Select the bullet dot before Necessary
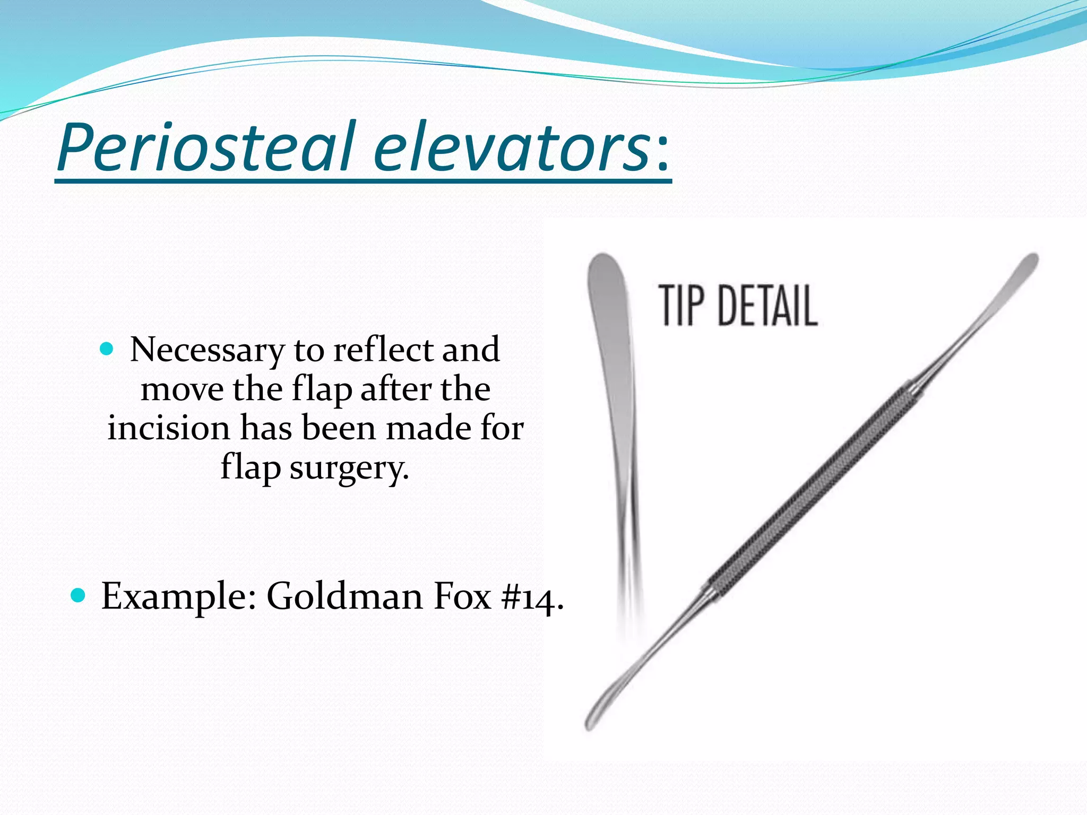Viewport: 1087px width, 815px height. pyautogui.click(x=107, y=349)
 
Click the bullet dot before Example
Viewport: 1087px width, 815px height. pyautogui.click(x=77, y=595)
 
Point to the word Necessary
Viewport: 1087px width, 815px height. pyautogui.click(x=208, y=351)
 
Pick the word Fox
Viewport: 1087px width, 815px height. pyautogui.click(x=462, y=596)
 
